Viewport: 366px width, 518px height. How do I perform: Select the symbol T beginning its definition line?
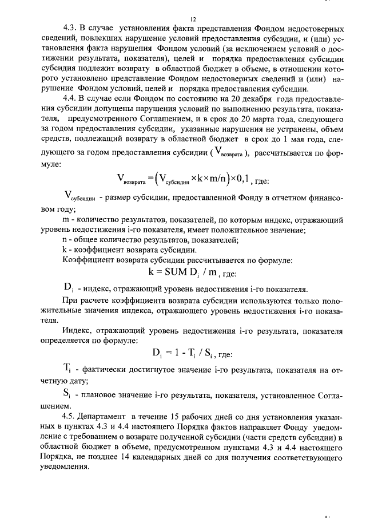click(x=67, y=369)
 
